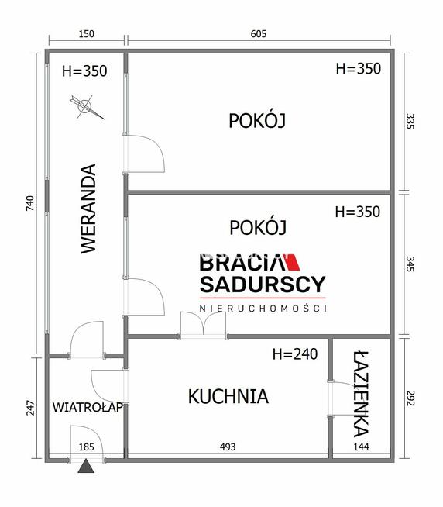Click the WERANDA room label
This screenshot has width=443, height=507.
(x=88, y=209)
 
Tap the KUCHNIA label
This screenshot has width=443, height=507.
(x=228, y=396)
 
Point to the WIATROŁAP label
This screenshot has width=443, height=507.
(x=87, y=408)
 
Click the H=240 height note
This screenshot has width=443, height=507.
(x=295, y=354)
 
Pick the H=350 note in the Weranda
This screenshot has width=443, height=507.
(x=84, y=71)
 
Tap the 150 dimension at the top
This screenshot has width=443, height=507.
(x=86, y=33)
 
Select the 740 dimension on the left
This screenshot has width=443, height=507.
(x=30, y=204)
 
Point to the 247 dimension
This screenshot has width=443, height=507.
(x=30, y=407)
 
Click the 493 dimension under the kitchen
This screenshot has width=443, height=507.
(x=227, y=447)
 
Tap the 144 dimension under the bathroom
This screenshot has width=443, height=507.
(x=362, y=447)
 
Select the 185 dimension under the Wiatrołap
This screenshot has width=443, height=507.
(x=85, y=447)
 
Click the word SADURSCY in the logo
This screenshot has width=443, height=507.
(x=263, y=285)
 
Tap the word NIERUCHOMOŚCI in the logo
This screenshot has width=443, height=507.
(x=263, y=309)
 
